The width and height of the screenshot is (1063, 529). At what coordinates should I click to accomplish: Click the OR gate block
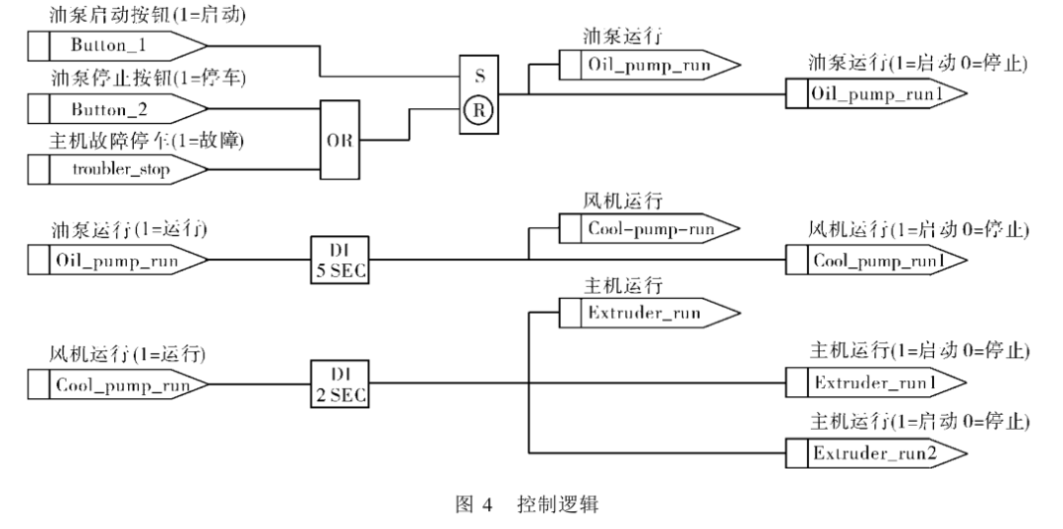(x=338, y=139)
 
